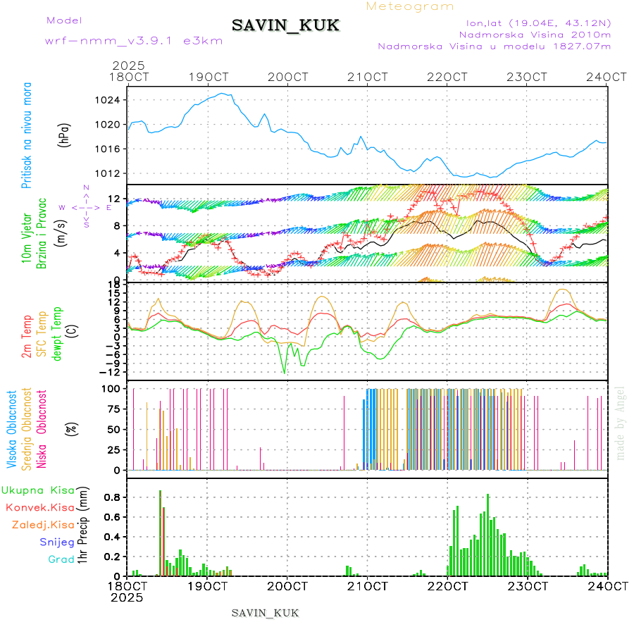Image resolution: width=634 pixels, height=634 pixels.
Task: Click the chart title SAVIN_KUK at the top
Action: point(286,26)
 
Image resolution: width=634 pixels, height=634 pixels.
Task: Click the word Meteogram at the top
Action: point(410,6)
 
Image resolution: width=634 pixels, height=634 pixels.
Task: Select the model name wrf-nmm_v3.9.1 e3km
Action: point(134,41)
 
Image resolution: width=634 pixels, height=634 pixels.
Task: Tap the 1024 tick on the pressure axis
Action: point(108,100)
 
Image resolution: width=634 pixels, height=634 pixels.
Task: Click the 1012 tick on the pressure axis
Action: point(108,173)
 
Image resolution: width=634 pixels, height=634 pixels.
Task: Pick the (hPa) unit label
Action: point(64,135)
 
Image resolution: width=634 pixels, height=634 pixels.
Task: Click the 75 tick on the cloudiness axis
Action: point(113,409)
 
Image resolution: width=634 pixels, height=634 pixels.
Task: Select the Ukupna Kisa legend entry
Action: point(38,490)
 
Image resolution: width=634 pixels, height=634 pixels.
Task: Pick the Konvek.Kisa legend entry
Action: point(39,507)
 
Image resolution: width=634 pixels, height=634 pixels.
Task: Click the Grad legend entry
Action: point(61,559)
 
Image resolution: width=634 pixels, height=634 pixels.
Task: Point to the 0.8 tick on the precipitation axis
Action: point(111,497)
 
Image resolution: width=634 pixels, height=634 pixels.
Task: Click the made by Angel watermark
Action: point(621,423)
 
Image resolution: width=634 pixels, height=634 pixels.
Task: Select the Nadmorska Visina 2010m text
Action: point(535,34)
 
